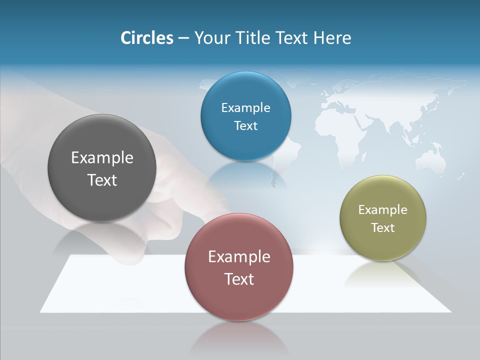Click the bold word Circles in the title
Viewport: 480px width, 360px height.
pos(146,38)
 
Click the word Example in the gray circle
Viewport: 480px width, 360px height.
pos(102,158)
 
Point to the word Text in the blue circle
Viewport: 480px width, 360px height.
pos(245,125)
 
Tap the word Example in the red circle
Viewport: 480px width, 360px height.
pos(239,257)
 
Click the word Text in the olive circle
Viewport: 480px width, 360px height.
pos(383,228)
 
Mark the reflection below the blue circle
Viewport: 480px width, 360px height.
pos(245,175)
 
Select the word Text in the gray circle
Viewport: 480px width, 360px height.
pos(102,180)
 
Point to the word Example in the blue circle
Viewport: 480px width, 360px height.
pos(245,108)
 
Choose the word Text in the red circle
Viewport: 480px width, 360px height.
pos(239,279)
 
